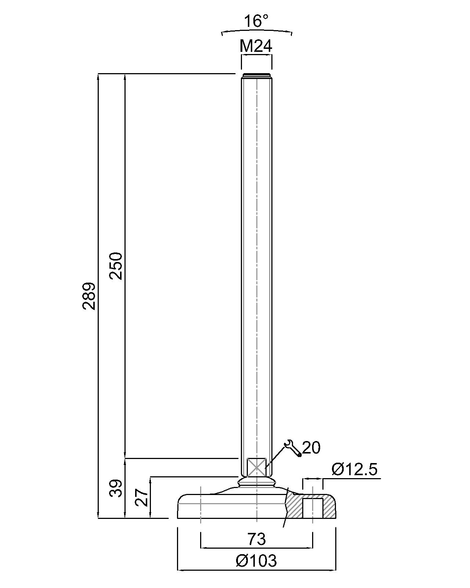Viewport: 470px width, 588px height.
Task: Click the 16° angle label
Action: pos(256,21)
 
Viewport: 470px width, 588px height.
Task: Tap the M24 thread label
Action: pos(256,46)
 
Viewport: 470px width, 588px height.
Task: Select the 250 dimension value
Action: pos(116,266)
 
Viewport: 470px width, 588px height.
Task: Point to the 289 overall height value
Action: pos(88,296)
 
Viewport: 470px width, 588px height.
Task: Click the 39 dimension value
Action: pos(116,488)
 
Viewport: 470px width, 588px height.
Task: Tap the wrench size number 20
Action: pos(311,448)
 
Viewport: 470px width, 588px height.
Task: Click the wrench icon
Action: pos(293,448)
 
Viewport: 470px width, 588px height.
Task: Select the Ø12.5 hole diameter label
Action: pos(354,469)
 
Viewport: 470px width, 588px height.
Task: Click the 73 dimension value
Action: pos(256,539)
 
